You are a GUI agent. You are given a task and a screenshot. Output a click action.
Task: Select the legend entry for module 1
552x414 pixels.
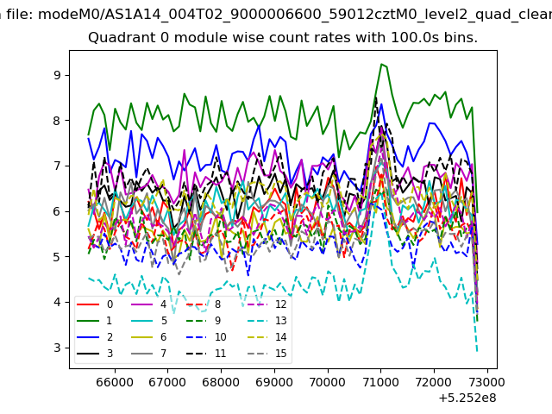click(x=94, y=321)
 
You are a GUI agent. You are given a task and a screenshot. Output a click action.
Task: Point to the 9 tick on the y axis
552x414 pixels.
click(x=57, y=75)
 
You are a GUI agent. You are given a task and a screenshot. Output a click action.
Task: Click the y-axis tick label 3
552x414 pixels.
click(x=57, y=348)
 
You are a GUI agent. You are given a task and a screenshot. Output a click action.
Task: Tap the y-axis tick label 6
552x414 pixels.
click(x=57, y=211)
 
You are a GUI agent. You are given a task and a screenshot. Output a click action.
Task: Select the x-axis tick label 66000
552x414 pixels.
click(x=115, y=382)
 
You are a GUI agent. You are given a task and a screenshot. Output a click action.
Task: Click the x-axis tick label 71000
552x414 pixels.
click(x=380, y=382)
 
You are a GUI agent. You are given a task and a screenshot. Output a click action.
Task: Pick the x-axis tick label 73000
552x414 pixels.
click(x=486, y=382)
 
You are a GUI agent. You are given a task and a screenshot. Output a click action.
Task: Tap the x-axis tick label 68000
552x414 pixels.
click(x=221, y=382)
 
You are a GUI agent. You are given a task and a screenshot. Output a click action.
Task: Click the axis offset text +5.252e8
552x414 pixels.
click(x=467, y=398)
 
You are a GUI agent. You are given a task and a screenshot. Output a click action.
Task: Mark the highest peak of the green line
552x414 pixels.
click(x=381, y=64)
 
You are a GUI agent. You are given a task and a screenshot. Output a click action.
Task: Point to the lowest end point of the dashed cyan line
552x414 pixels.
click(x=477, y=352)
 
